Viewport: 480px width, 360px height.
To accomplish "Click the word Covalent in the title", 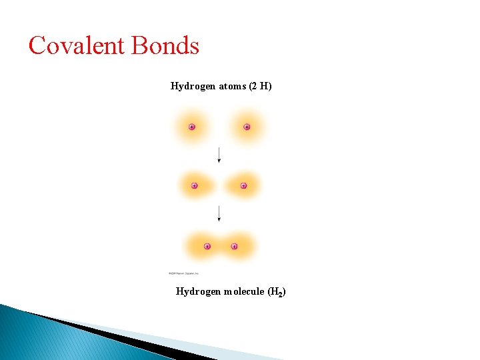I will coord(77,46).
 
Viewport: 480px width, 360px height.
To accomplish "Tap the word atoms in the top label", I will coord(232,86).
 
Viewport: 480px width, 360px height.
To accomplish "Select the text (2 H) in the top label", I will coord(260,86).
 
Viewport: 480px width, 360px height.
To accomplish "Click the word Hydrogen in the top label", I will coord(193,86).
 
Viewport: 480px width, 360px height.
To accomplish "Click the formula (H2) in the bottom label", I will coord(277,292).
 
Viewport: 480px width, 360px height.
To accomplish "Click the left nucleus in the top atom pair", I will coord(192,127).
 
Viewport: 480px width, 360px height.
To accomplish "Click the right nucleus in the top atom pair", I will coord(247,127).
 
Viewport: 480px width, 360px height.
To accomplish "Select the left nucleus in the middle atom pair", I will coord(194,185).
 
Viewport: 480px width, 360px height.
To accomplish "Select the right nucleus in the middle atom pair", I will coord(243,185).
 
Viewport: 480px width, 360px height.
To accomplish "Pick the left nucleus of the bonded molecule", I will coord(207,246).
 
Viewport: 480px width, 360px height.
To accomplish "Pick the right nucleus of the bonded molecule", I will coord(234,246).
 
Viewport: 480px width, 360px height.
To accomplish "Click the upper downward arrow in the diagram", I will coord(219,155).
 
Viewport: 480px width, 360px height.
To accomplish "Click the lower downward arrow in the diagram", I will coord(219,214).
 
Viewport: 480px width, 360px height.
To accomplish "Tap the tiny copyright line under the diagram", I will coord(183,273).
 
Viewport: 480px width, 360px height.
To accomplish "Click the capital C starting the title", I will coord(37,46).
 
